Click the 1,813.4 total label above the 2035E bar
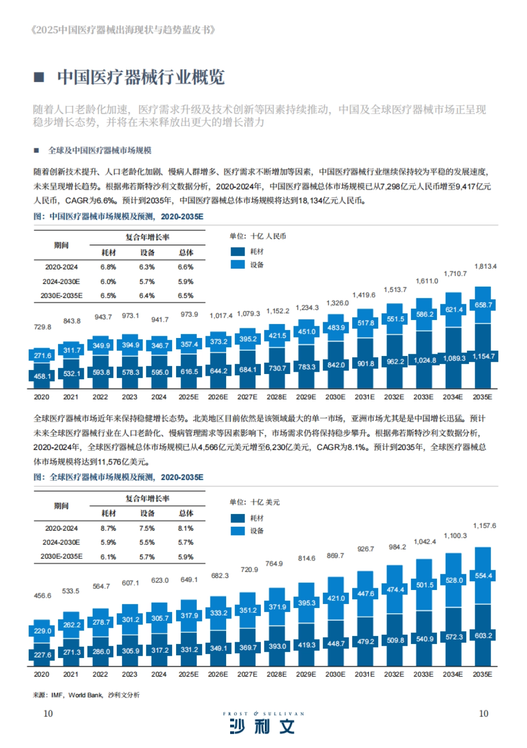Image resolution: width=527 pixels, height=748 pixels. pos(485,266)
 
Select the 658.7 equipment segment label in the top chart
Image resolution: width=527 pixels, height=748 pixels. pos(483,305)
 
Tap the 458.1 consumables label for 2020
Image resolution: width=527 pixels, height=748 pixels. pos(42,376)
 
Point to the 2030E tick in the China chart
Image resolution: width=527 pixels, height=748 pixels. pos(335,397)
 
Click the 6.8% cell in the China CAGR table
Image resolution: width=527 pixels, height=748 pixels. pos(108,267)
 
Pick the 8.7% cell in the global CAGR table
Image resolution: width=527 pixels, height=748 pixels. pos(108,528)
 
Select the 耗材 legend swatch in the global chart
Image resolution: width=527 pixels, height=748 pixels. pos(238,518)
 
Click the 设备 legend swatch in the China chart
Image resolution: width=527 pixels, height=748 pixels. pos(238,264)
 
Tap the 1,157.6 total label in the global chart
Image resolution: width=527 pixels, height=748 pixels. pos(484,525)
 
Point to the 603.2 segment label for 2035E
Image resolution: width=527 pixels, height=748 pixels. pos(483,636)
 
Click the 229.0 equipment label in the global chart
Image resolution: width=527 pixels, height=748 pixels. pos(42,631)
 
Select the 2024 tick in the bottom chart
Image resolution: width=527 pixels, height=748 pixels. pos(159,674)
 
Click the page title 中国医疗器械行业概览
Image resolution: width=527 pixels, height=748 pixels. pos(141,77)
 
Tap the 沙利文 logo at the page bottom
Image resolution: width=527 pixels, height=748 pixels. pos(263,727)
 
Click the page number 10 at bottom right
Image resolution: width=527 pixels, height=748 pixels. pos(483,713)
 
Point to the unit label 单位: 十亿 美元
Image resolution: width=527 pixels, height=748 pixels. pos(254,502)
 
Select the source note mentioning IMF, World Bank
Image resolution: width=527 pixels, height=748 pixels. pos(86,695)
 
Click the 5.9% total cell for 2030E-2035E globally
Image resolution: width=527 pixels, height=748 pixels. pos(185,557)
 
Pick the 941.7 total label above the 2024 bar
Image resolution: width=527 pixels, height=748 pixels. pos(160,320)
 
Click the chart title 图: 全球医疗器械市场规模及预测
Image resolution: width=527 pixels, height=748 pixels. pos(119,477)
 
